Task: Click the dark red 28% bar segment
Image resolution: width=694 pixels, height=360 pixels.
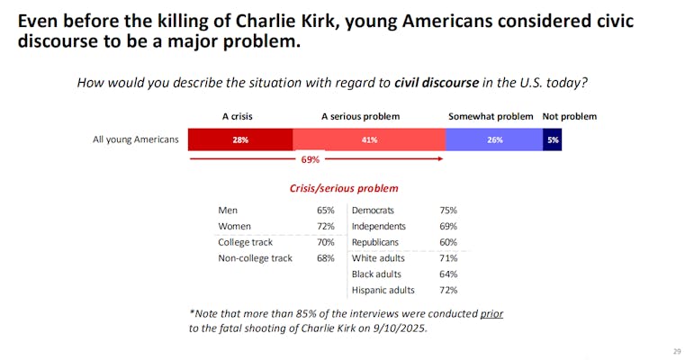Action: [240, 139]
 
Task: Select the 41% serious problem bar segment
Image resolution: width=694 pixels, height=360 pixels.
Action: [369, 139]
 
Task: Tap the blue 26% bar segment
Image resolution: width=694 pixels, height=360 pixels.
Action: [493, 139]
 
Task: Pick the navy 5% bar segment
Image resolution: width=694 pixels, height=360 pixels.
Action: [552, 139]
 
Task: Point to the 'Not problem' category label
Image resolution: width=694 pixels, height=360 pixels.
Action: [569, 116]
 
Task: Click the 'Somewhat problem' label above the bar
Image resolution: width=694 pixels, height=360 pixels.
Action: [491, 116]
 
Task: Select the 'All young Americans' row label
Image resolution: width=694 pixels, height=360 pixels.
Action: [136, 139]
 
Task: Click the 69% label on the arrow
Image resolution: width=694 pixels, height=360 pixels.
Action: [310, 159]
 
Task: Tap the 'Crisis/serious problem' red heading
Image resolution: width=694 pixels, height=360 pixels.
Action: [344, 188]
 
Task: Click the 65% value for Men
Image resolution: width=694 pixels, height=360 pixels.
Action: [325, 210]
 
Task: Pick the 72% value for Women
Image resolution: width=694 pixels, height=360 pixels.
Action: [325, 226]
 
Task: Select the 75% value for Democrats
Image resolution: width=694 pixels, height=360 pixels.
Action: [447, 210]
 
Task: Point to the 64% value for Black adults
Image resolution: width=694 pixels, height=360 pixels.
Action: [447, 274]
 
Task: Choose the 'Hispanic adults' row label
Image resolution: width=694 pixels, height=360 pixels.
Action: [383, 290]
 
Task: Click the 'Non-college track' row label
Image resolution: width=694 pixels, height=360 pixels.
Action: [255, 258]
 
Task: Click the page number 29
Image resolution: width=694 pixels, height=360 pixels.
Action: [677, 351]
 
